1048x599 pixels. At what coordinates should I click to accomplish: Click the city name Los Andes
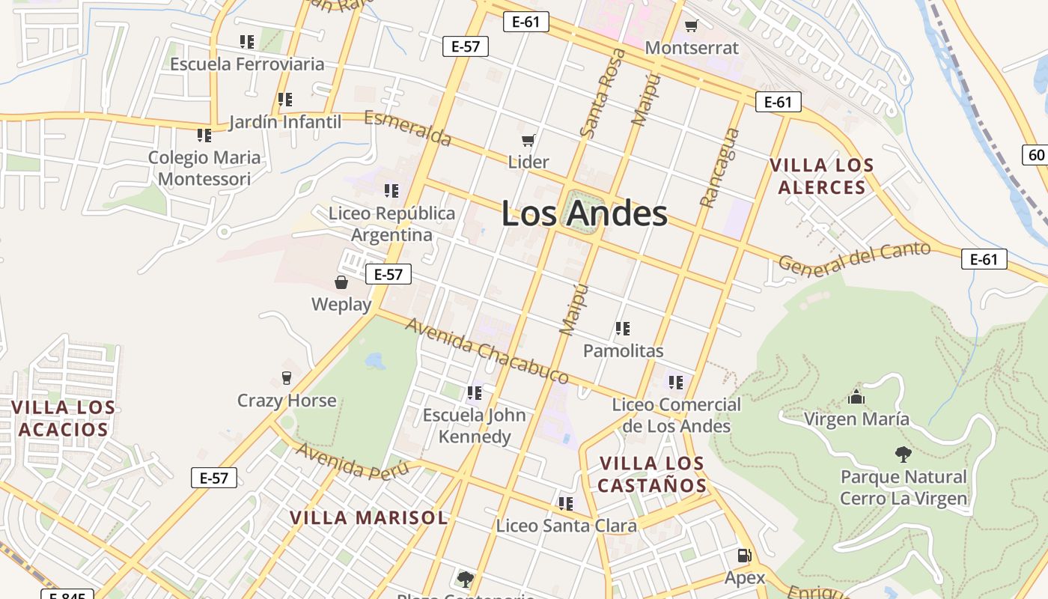click(x=584, y=213)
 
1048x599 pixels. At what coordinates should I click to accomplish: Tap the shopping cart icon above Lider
click(x=528, y=140)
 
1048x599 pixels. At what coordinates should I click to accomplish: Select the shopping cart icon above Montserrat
click(x=691, y=26)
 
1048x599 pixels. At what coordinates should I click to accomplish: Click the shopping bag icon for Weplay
click(x=341, y=282)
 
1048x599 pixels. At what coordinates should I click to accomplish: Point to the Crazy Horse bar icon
click(x=286, y=377)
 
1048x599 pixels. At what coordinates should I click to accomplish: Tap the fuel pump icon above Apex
click(x=744, y=556)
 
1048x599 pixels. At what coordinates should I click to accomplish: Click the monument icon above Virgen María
click(x=856, y=397)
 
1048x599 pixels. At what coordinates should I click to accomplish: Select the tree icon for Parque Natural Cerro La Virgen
click(x=904, y=454)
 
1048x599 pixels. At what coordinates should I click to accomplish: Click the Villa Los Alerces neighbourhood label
click(x=822, y=176)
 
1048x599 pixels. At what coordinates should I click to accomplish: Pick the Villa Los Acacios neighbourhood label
click(x=64, y=419)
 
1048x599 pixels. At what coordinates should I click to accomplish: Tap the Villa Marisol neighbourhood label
click(x=369, y=517)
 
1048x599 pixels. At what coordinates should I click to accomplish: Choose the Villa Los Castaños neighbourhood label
click(x=653, y=474)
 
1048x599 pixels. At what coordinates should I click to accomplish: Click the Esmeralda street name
click(x=408, y=128)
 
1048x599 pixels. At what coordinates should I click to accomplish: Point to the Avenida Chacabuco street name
click(x=487, y=350)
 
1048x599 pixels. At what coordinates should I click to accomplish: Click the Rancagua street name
click(x=719, y=168)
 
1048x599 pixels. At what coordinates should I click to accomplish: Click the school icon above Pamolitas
click(x=623, y=328)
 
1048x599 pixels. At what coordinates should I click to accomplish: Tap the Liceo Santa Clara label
click(x=566, y=526)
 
